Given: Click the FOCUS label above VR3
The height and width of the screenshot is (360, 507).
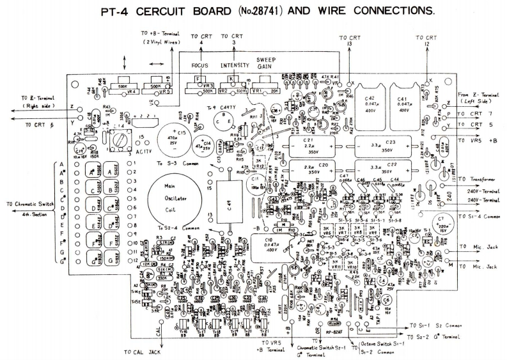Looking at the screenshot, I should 200,66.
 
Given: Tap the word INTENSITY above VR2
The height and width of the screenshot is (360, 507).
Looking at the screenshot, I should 234,66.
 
